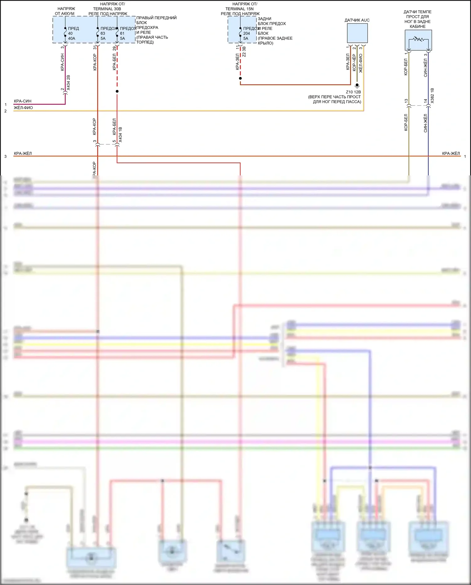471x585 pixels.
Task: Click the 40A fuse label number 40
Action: point(70,33)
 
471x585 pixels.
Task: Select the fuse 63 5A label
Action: point(103,33)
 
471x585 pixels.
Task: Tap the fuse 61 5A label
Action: point(122,33)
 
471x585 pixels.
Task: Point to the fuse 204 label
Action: point(246,33)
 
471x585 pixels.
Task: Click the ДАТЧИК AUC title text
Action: point(357,20)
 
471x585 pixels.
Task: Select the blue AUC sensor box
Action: point(357,33)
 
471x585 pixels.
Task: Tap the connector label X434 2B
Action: point(68,83)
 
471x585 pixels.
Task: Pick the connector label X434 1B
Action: point(121,135)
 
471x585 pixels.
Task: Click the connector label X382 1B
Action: point(432,96)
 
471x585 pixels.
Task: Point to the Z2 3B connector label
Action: point(244,52)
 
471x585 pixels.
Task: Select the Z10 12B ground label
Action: point(353,92)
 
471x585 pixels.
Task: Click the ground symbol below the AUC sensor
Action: point(357,85)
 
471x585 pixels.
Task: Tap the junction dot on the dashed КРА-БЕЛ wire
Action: point(117,91)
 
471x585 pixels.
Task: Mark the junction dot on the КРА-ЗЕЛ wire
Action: point(240,78)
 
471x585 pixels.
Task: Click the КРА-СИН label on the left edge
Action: point(23,101)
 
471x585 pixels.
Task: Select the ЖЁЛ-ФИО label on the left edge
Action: point(23,108)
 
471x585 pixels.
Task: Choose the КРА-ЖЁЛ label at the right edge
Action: point(451,153)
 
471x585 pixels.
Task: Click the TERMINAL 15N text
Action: point(239,9)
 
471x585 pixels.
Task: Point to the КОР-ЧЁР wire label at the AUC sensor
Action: point(354,62)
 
